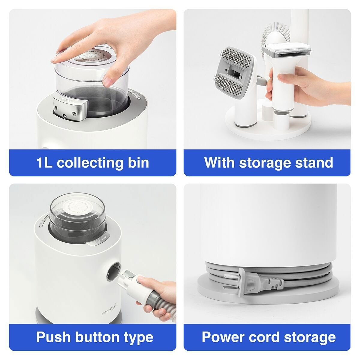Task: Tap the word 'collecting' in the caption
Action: (x=93, y=162)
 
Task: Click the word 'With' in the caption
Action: (x=220, y=162)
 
